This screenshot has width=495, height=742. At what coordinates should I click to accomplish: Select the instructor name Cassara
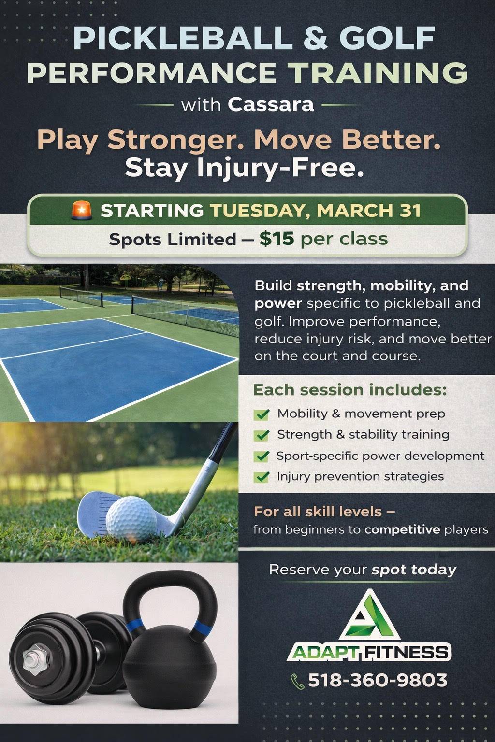[271, 105]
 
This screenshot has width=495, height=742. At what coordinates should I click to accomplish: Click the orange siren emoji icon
[82, 211]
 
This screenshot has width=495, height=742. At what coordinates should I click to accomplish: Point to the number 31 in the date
[410, 211]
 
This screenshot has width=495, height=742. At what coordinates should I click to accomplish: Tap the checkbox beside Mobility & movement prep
[261, 414]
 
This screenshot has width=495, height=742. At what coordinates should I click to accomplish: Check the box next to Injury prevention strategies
[261, 477]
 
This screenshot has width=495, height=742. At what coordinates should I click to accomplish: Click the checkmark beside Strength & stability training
[261, 435]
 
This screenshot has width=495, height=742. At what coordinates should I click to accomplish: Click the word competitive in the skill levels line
[402, 529]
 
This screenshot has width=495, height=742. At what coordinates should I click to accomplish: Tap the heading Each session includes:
[350, 390]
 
